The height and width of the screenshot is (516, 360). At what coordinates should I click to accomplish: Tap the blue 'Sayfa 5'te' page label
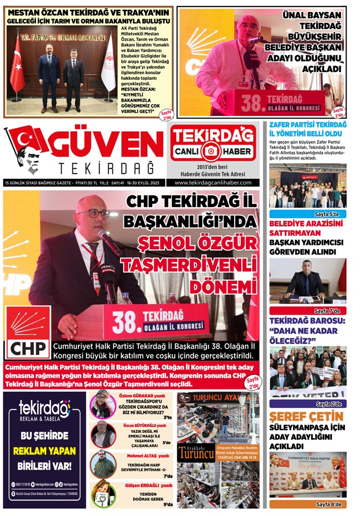[x=308, y=214]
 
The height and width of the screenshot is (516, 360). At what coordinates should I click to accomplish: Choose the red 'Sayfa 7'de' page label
[x=308, y=310]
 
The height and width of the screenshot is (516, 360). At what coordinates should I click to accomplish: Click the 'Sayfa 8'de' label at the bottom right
[x=308, y=504]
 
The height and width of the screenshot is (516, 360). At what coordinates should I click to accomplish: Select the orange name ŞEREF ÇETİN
[x=306, y=417]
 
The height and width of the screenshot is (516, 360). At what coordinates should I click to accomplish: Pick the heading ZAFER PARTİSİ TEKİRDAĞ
[x=308, y=124]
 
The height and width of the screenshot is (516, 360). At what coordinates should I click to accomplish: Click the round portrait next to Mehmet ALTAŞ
[x=103, y=464]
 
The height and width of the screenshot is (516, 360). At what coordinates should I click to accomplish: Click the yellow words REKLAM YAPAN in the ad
[x=45, y=450]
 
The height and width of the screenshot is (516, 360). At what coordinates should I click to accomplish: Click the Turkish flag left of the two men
[x=17, y=66]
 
